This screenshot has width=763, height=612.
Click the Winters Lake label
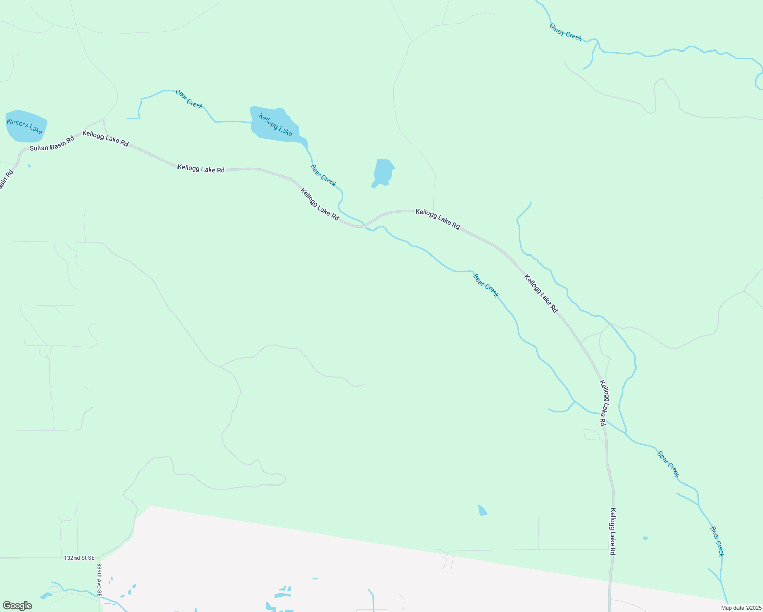[24, 126]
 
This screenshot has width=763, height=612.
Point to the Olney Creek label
[566, 32]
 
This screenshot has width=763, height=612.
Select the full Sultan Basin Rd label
[52, 144]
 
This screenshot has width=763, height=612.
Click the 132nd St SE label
[80, 558]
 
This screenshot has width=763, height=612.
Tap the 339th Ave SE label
[99, 580]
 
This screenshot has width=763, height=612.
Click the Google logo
[17, 606]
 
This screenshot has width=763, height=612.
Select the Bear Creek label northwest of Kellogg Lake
[189, 98]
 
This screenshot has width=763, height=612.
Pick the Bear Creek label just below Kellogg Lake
[323, 175]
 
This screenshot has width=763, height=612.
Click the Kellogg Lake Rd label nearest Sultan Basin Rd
[106, 138]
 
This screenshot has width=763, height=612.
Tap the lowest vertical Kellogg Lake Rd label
[613, 531]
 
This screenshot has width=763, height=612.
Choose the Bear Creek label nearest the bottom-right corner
[717, 542]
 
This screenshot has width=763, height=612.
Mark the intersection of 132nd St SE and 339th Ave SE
[99, 558]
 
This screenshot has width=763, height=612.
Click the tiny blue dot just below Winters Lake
[29, 166]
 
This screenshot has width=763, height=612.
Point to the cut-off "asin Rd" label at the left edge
[5, 179]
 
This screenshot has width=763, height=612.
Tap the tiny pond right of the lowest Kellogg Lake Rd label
[645, 538]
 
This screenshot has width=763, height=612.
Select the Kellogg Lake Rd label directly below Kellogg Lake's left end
[201, 168]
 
